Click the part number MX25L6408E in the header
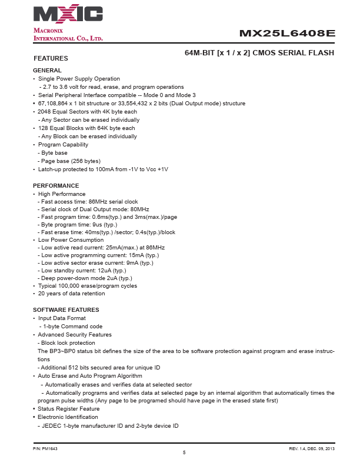[x=287, y=34]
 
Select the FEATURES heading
[x=51, y=58]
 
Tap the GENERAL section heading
[x=47, y=71]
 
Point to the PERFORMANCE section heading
[x=56, y=186]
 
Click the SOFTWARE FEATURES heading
[x=66, y=309]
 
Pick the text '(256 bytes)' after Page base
[x=86, y=161]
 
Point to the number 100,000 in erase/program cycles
[x=70, y=286]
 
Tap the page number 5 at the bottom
[x=184, y=452]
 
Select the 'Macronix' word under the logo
[x=48, y=30]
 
